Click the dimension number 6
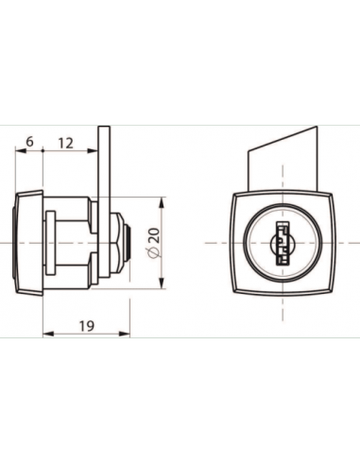(x=29, y=142)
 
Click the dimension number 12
(x=66, y=144)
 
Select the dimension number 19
(x=87, y=326)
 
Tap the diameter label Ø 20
(x=154, y=243)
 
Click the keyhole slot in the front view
(x=283, y=243)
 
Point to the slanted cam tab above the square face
(x=283, y=159)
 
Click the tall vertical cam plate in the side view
(x=104, y=202)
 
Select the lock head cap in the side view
(x=28, y=243)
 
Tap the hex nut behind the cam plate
(x=116, y=243)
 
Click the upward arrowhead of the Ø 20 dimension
(x=162, y=202)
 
